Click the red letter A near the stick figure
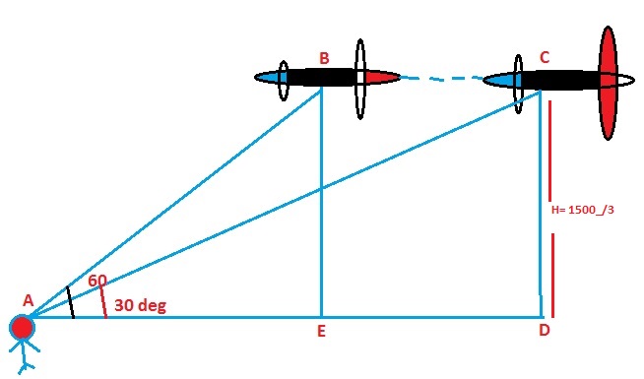[28, 300]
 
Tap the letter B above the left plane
[324, 57]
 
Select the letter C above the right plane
[544, 58]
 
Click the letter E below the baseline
[321, 332]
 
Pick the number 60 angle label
[97, 281]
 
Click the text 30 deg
[140, 305]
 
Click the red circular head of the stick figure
[22, 328]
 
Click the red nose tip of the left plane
[386, 77]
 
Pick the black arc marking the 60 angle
[70, 302]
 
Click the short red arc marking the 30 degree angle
[104, 304]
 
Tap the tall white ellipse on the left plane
[360, 77]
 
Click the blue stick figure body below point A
[22, 354]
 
